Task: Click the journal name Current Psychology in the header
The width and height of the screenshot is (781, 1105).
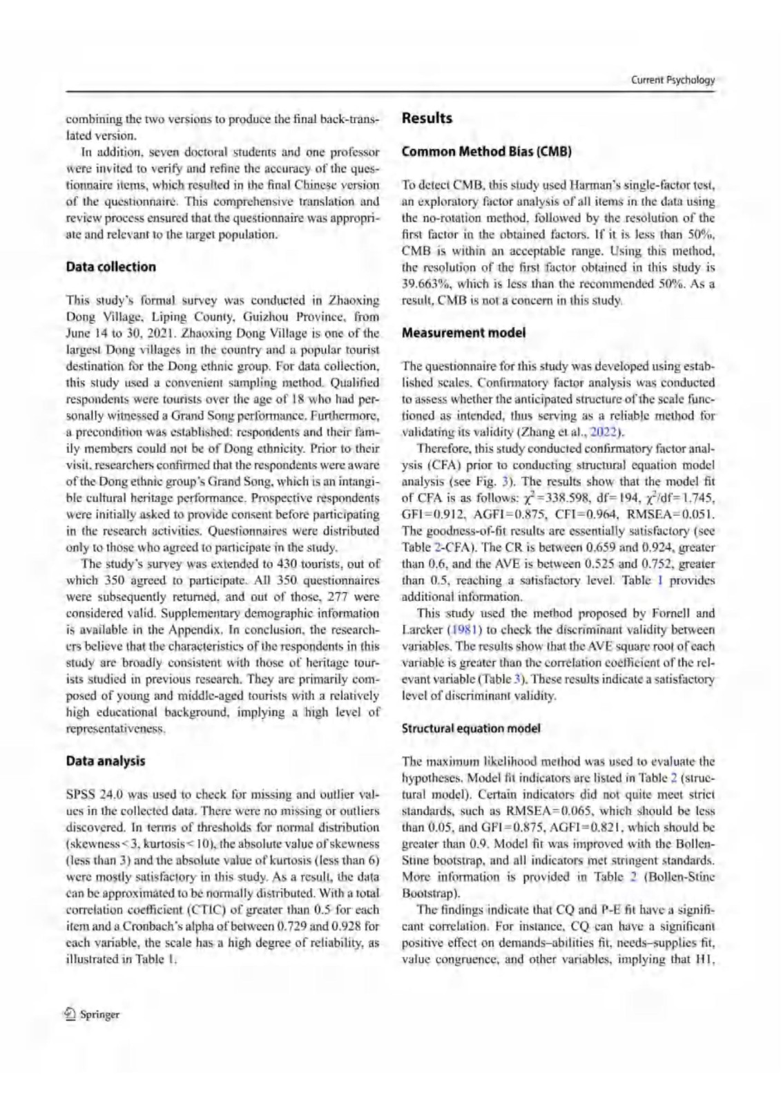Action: click(x=673, y=80)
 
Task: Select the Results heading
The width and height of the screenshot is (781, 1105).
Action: click(x=427, y=118)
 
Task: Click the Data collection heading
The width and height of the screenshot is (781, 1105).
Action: click(x=110, y=267)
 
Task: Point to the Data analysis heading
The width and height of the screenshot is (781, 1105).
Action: click(x=106, y=761)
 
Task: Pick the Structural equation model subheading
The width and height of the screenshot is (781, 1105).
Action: click(x=471, y=729)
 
